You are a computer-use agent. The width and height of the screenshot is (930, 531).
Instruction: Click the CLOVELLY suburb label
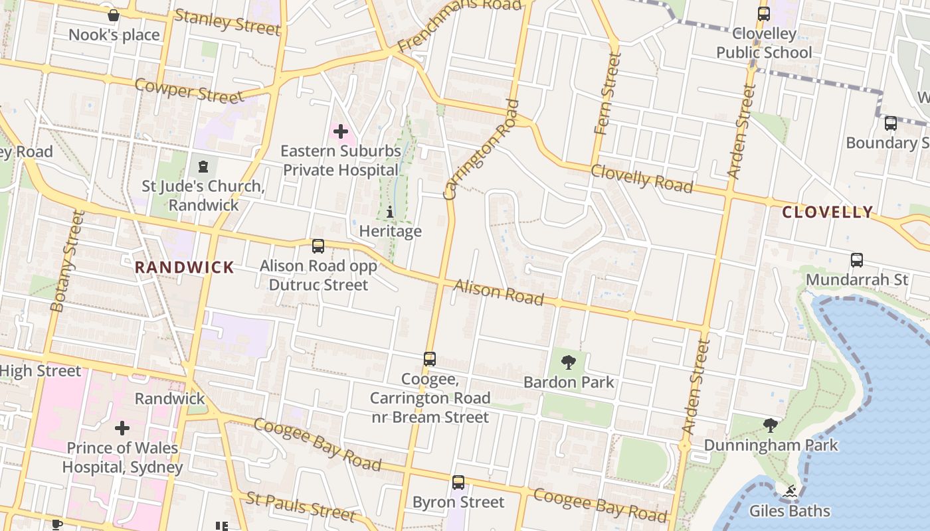(x=827, y=212)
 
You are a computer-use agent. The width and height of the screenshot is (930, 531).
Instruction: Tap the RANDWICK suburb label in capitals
(x=185, y=267)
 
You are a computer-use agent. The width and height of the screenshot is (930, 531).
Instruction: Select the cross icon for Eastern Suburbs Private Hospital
(x=341, y=131)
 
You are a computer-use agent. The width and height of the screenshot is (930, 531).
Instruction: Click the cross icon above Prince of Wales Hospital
(x=122, y=428)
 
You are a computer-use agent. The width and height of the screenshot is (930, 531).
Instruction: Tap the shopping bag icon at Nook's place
(x=114, y=15)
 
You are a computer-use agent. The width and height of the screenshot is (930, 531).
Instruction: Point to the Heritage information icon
(x=390, y=212)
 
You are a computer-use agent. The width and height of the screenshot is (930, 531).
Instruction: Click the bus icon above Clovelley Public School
(x=764, y=13)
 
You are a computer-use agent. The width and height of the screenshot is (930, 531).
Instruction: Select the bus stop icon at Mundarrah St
(x=857, y=260)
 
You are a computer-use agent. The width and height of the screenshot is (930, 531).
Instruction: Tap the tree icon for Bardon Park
(x=568, y=362)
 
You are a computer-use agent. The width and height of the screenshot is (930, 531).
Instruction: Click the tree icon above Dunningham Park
(x=771, y=425)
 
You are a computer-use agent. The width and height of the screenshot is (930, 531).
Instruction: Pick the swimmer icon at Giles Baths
(x=789, y=492)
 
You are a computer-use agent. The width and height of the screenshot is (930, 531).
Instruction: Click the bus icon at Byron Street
(x=458, y=483)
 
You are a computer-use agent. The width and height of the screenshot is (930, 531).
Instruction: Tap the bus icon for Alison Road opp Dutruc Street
(x=318, y=246)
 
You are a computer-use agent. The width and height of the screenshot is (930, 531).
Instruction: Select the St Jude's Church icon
(x=203, y=166)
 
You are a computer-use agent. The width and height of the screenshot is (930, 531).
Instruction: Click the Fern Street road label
(x=609, y=94)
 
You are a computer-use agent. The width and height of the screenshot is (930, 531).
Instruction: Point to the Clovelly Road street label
(x=641, y=179)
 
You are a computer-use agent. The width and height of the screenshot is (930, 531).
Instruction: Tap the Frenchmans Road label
(x=459, y=25)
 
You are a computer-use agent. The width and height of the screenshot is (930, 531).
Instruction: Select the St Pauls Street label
(x=300, y=506)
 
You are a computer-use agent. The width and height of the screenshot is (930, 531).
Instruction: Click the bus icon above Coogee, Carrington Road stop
(x=430, y=359)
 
